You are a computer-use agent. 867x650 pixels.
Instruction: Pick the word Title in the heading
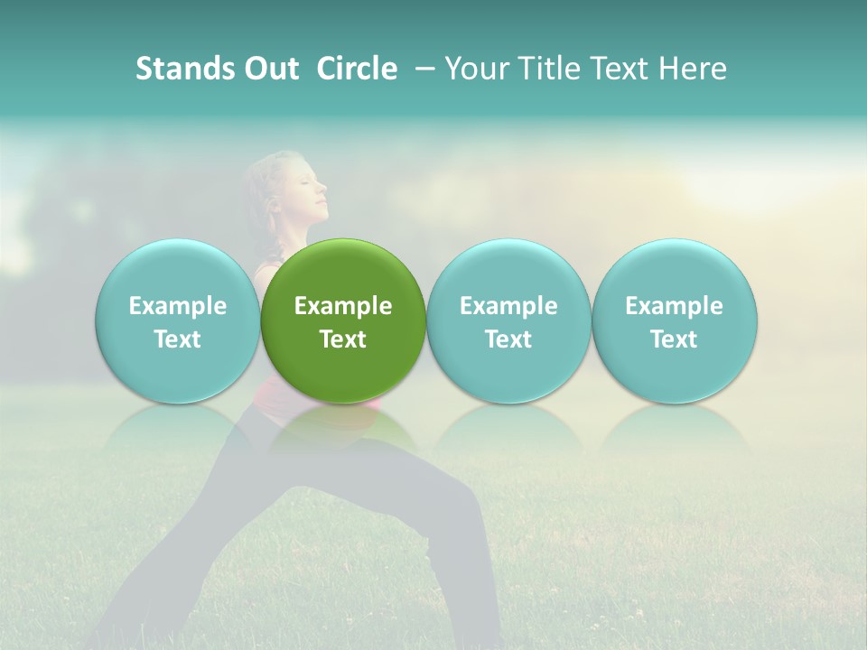(549, 69)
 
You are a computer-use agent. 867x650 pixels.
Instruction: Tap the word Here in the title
(695, 69)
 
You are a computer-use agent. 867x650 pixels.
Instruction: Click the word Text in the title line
(622, 69)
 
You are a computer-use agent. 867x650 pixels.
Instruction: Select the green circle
(343, 321)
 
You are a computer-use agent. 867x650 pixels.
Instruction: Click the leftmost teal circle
(178, 321)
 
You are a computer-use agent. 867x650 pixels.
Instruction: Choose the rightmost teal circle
(675, 321)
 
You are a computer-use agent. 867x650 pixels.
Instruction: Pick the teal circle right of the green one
(508, 321)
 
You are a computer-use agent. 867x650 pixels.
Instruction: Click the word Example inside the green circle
(343, 306)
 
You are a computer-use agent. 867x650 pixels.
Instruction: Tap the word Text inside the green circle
(343, 339)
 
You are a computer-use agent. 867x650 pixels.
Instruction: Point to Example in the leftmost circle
(178, 306)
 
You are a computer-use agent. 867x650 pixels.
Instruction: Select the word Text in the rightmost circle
(675, 339)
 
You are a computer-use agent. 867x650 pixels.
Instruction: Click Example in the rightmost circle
(675, 306)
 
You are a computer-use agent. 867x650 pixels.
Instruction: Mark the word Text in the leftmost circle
(178, 339)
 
